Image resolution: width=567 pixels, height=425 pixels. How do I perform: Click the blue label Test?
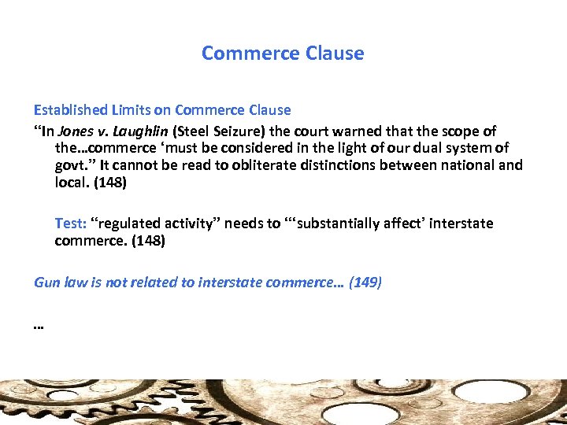[x=70, y=224]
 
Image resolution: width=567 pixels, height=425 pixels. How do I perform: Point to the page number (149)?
[x=365, y=282]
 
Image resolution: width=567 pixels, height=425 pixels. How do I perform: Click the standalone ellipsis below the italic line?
[x=39, y=324]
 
